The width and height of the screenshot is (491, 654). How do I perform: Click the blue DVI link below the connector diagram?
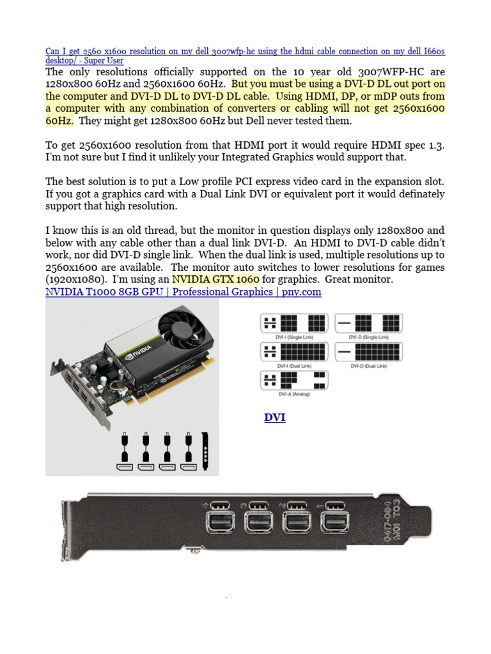click(x=275, y=418)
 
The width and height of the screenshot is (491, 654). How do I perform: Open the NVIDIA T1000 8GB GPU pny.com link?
click(x=183, y=292)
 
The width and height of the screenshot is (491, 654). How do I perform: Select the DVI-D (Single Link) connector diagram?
click(x=368, y=324)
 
